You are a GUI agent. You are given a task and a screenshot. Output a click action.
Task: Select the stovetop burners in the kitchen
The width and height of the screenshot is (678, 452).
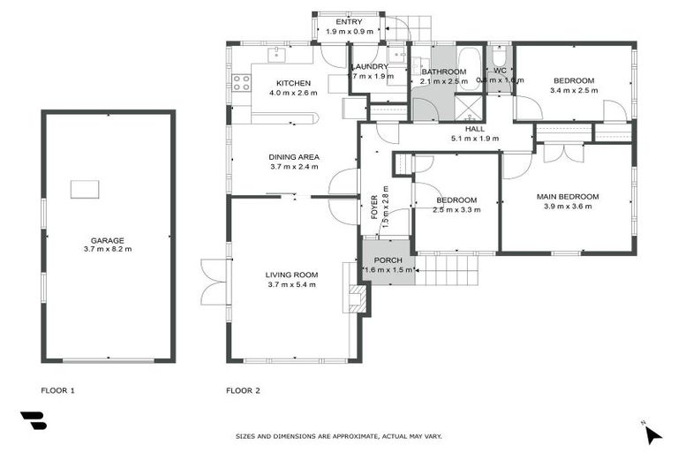point(239,85)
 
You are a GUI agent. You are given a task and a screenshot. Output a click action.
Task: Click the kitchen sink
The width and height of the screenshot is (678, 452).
point(275,54)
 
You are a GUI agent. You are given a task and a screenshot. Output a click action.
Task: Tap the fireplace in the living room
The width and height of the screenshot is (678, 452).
point(357,298)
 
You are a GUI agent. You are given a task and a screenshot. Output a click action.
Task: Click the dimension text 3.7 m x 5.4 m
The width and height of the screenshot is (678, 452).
point(290,284)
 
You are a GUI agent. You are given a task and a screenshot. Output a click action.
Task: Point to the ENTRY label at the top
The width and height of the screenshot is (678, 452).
point(349,22)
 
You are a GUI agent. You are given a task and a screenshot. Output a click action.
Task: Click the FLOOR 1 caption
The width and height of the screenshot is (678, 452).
point(58,389)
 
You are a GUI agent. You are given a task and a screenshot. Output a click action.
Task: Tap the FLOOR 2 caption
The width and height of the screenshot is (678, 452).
point(243,389)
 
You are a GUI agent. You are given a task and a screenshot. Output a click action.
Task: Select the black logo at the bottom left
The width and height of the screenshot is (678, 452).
point(33,421)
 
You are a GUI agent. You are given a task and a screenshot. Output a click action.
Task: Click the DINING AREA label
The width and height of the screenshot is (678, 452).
point(294,157)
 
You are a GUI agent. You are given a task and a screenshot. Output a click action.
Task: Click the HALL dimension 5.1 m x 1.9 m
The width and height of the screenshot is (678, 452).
point(475,139)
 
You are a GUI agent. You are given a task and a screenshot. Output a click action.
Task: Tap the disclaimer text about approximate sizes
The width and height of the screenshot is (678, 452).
point(338,436)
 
